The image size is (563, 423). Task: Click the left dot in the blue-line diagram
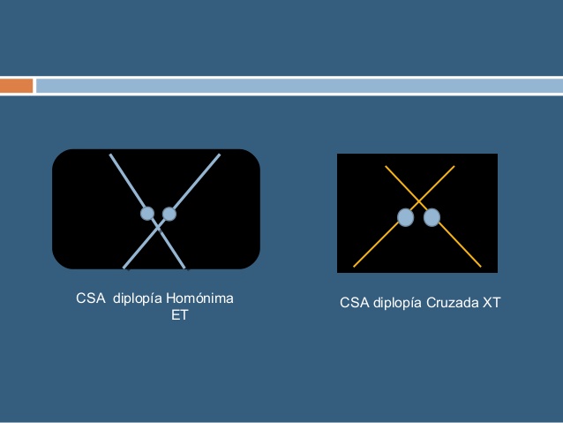click(x=147, y=213)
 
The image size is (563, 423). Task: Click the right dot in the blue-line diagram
click(x=169, y=214)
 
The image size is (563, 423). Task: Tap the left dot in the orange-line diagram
click(x=405, y=217)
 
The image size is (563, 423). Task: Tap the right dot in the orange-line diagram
click(x=432, y=217)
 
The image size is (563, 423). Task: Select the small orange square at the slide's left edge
click(x=16, y=86)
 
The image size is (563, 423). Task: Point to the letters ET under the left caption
click(x=179, y=315)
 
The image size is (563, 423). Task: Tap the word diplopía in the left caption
click(x=139, y=299)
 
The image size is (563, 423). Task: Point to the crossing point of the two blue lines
click(x=159, y=226)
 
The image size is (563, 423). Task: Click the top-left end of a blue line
click(x=110, y=155)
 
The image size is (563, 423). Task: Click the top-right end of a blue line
click(x=219, y=155)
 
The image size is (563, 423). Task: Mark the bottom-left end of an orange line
click(x=354, y=266)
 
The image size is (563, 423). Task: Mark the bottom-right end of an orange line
click(x=481, y=266)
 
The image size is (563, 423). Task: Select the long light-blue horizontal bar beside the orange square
click(x=299, y=86)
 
